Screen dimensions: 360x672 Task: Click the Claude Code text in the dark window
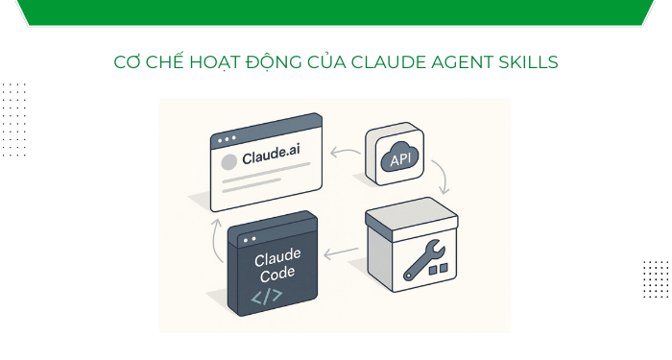coord(277,263)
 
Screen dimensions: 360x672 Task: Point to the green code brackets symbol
coord(267,296)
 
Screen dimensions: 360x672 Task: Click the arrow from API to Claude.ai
coord(343,152)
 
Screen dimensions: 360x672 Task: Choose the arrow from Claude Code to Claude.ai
coord(213,235)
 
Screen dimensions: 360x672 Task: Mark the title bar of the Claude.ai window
coord(267,132)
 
